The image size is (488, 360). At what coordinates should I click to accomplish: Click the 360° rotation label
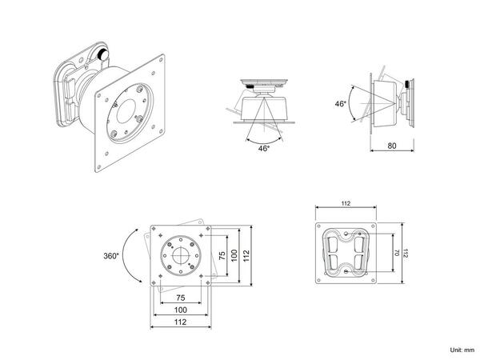click(x=111, y=256)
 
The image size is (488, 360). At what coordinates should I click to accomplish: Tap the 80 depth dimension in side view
click(x=392, y=145)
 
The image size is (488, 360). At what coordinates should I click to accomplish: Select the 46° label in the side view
click(x=341, y=104)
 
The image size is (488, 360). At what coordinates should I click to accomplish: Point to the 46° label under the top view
click(x=264, y=148)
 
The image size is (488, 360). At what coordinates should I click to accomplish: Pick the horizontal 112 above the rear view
click(x=345, y=205)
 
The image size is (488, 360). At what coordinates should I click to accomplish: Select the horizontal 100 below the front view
click(x=182, y=310)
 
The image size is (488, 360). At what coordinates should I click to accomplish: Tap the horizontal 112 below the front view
click(x=182, y=323)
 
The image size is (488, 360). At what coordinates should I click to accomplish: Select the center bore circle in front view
click(x=181, y=257)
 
